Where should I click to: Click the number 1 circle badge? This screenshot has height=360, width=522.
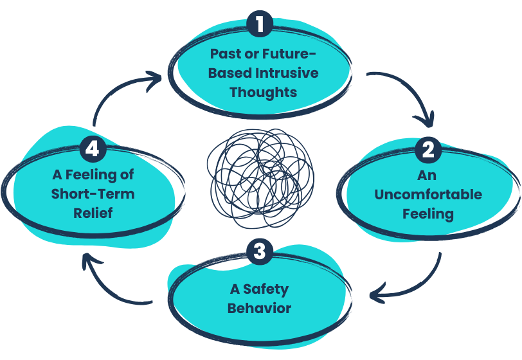coord(260,24)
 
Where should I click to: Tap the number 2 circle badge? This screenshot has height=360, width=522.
coord(428,149)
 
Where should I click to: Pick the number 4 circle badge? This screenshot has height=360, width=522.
coord(93,149)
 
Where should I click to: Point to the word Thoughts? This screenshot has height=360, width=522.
coord(263,91)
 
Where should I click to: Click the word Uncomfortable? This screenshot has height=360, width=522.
coord(428,194)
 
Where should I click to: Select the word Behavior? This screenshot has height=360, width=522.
coord(259,308)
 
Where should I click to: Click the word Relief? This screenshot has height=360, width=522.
coord(93,212)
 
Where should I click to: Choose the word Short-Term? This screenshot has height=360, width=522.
coord(93,194)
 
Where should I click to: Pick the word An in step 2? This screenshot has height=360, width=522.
coord(428,175)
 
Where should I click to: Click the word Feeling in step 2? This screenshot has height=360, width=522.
coord(428,213)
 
